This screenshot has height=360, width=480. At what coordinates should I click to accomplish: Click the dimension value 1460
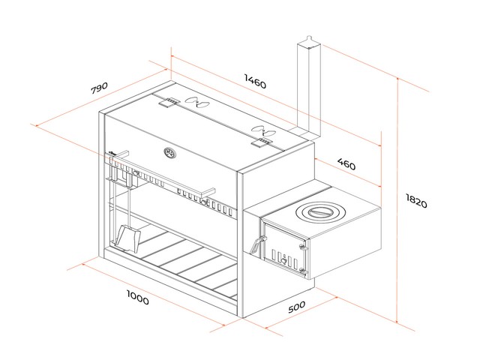pyautogui.click(x=255, y=83)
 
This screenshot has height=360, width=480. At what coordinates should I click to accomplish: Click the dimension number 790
pyautogui.click(x=100, y=88)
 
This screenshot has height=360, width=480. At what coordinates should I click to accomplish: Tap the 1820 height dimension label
pyautogui.click(x=416, y=200)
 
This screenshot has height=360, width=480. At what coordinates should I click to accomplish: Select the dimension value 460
pyautogui.click(x=346, y=164)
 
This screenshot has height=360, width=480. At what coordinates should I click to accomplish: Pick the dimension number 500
pyautogui.click(x=296, y=308)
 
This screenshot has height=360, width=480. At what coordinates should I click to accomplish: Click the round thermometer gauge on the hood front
pyautogui.click(x=169, y=154)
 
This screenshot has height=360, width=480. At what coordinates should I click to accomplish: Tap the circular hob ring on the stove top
pyautogui.click(x=317, y=211)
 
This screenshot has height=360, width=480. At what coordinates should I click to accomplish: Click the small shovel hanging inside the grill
pyautogui.click(x=127, y=237)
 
